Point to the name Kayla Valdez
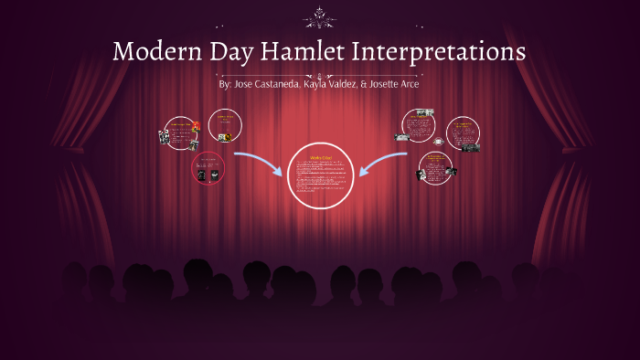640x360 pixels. tap(334, 84)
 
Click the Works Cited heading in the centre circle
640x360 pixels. tap(321, 156)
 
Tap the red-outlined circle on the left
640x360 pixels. tap(208, 167)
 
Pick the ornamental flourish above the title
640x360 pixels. tap(320, 15)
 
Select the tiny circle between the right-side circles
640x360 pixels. tap(439, 142)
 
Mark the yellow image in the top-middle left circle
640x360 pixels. tap(225, 137)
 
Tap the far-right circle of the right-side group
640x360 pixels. tap(463, 133)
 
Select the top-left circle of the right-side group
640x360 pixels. tap(419, 125)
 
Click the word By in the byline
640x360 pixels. tap(225, 84)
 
